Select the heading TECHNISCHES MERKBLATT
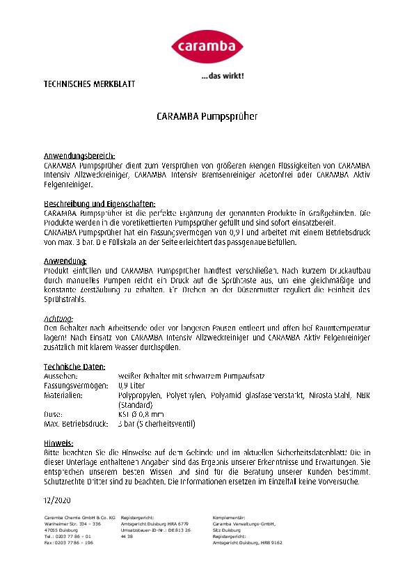tap(89, 84)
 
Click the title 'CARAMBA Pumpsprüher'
tap(207, 116)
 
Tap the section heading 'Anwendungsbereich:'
tap(79, 156)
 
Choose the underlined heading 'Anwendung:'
tap(65, 260)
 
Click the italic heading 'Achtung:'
tap(58, 317)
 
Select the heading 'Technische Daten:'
tap(74, 366)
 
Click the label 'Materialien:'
tap(63, 395)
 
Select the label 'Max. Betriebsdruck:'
tap(77, 424)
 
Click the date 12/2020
tap(57, 500)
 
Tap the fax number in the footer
tap(68, 543)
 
